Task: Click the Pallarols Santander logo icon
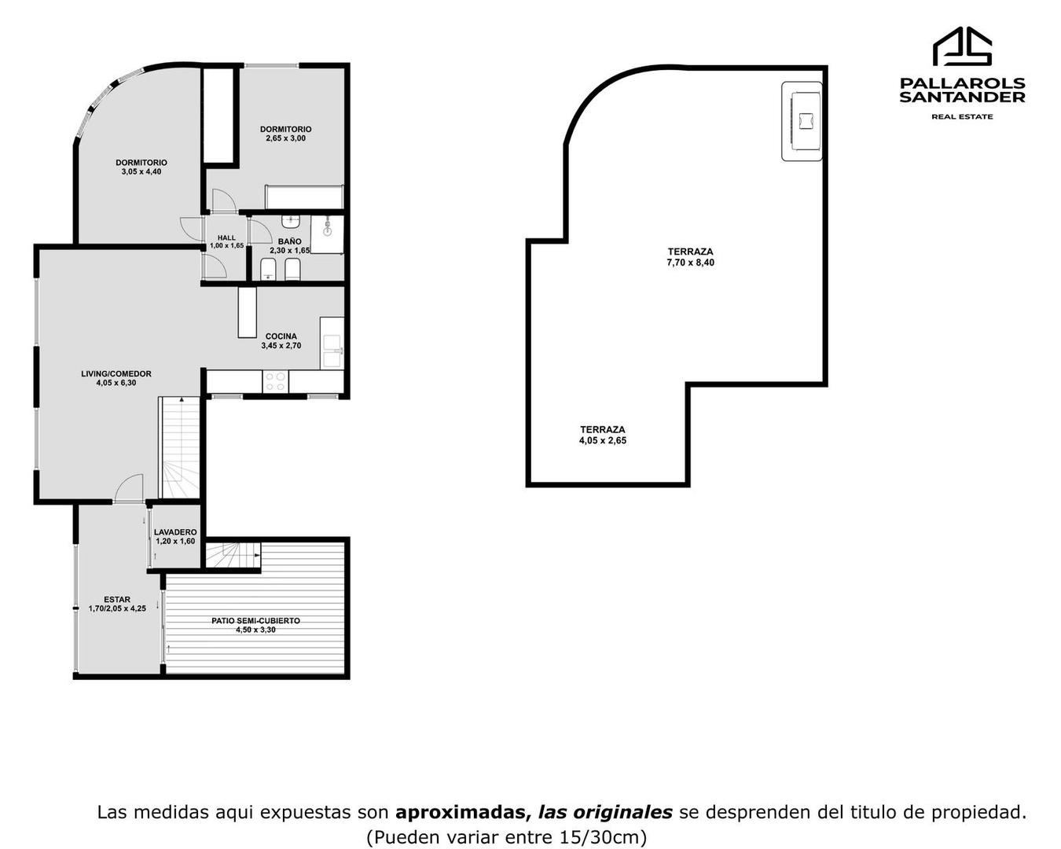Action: point(962,47)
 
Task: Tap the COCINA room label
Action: point(281,336)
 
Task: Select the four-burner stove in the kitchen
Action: point(276,382)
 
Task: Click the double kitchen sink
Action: point(332,351)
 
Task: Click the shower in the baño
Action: point(327,233)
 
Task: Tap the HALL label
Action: point(226,237)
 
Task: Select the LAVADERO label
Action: point(175,532)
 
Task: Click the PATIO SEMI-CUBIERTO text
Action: point(255,621)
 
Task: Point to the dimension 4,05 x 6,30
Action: point(116,384)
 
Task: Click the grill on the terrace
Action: point(802,122)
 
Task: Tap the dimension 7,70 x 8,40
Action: point(690,263)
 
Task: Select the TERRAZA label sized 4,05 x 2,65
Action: point(603,430)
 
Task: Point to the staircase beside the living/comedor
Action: point(180,448)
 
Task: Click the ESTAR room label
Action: point(117,599)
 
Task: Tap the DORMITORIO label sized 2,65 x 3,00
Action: point(285,129)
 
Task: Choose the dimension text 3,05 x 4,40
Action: point(141,172)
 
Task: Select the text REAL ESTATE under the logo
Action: point(962,116)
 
